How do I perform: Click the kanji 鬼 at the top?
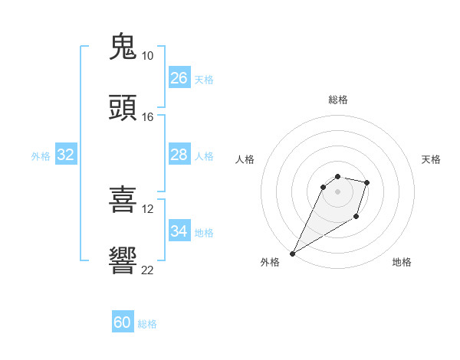click(123, 47)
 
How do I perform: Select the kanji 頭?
click(123, 108)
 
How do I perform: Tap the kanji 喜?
click(123, 201)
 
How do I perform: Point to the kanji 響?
click(123, 260)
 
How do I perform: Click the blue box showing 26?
click(179, 78)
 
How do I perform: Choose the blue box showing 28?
click(179, 155)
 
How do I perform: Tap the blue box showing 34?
click(179, 231)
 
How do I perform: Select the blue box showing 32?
click(66, 155)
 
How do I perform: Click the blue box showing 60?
click(123, 322)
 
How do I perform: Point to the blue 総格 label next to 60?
click(147, 324)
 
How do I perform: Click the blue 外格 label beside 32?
click(41, 156)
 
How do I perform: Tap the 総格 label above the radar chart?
click(337, 100)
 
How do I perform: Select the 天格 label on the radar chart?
click(432, 159)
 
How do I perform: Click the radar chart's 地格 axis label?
click(402, 262)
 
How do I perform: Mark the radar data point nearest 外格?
click(292, 254)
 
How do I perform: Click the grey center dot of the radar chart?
click(337, 191)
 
